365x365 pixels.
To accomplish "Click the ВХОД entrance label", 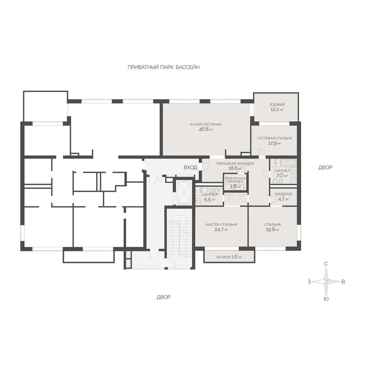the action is click(x=190, y=167).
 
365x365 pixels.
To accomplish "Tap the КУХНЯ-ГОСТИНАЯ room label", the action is click(x=206, y=124).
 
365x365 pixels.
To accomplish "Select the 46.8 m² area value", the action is click(x=206, y=130).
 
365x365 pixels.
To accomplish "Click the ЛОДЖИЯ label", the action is click(x=277, y=104).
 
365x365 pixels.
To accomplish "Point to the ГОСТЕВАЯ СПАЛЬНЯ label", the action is click(x=274, y=138).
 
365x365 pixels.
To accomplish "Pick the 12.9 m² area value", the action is click(x=274, y=143).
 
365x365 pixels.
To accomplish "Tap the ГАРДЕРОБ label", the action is click(x=283, y=194).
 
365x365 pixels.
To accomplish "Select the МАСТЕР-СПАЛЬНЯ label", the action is click(x=221, y=225).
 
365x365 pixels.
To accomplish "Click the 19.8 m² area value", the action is click(x=273, y=230).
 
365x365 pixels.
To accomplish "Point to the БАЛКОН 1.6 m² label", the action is click(x=229, y=257).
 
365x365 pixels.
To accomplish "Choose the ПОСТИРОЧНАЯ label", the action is click(x=235, y=179).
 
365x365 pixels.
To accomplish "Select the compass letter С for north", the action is click(x=326, y=264).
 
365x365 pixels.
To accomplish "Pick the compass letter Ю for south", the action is click(x=326, y=299).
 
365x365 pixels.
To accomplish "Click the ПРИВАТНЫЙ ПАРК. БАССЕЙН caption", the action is click(x=163, y=67).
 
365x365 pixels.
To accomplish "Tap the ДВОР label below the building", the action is click(x=163, y=297).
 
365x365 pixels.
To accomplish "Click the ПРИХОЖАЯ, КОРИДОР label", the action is click(x=235, y=164).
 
